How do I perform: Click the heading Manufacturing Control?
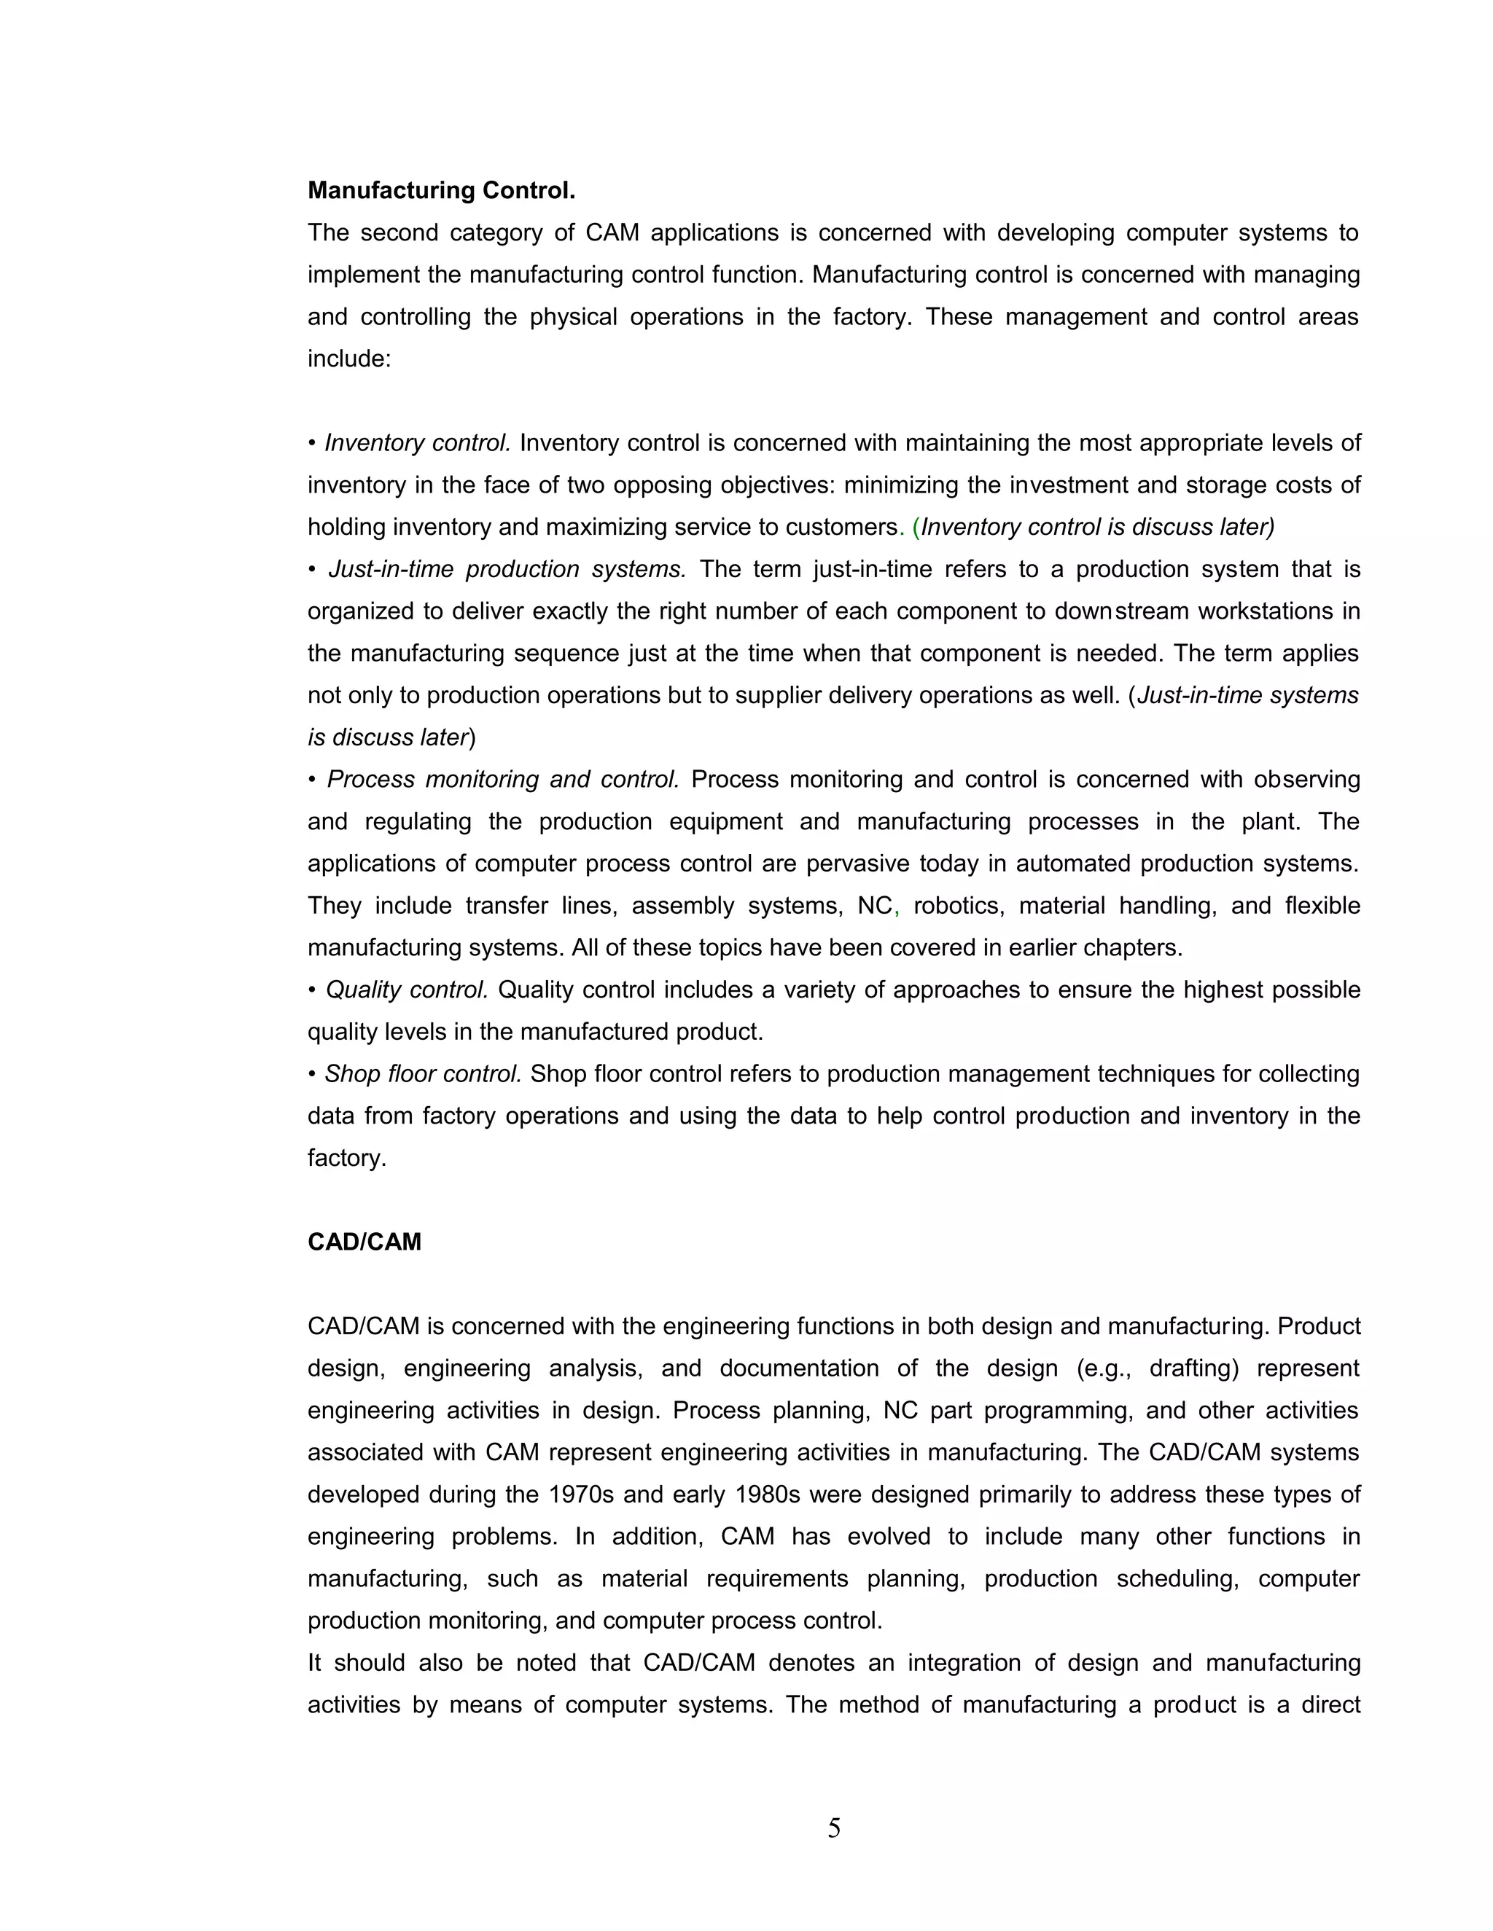tap(441, 190)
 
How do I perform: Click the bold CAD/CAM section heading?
tap(365, 1242)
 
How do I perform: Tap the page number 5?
tap(834, 1828)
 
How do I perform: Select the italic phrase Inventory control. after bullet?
tap(418, 443)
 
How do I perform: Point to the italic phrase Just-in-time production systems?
tap(507, 569)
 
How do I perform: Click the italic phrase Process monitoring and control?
tap(502, 780)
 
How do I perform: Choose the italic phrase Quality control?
tap(407, 990)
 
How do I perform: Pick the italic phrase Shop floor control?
tap(423, 1074)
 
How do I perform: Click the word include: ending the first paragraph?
tap(348, 359)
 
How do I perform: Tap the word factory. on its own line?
tap(347, 1159)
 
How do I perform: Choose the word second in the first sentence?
tap(399, 233)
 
